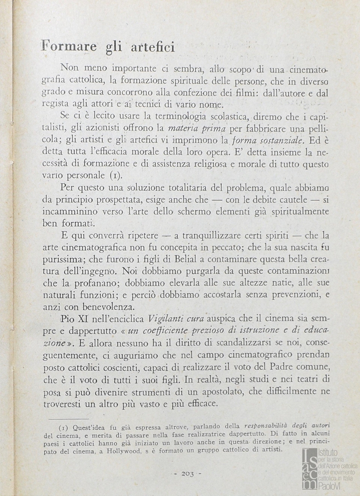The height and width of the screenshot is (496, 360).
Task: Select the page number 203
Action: click(x=187, y=474)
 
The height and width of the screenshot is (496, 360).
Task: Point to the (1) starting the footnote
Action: click(x=64, y=427)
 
